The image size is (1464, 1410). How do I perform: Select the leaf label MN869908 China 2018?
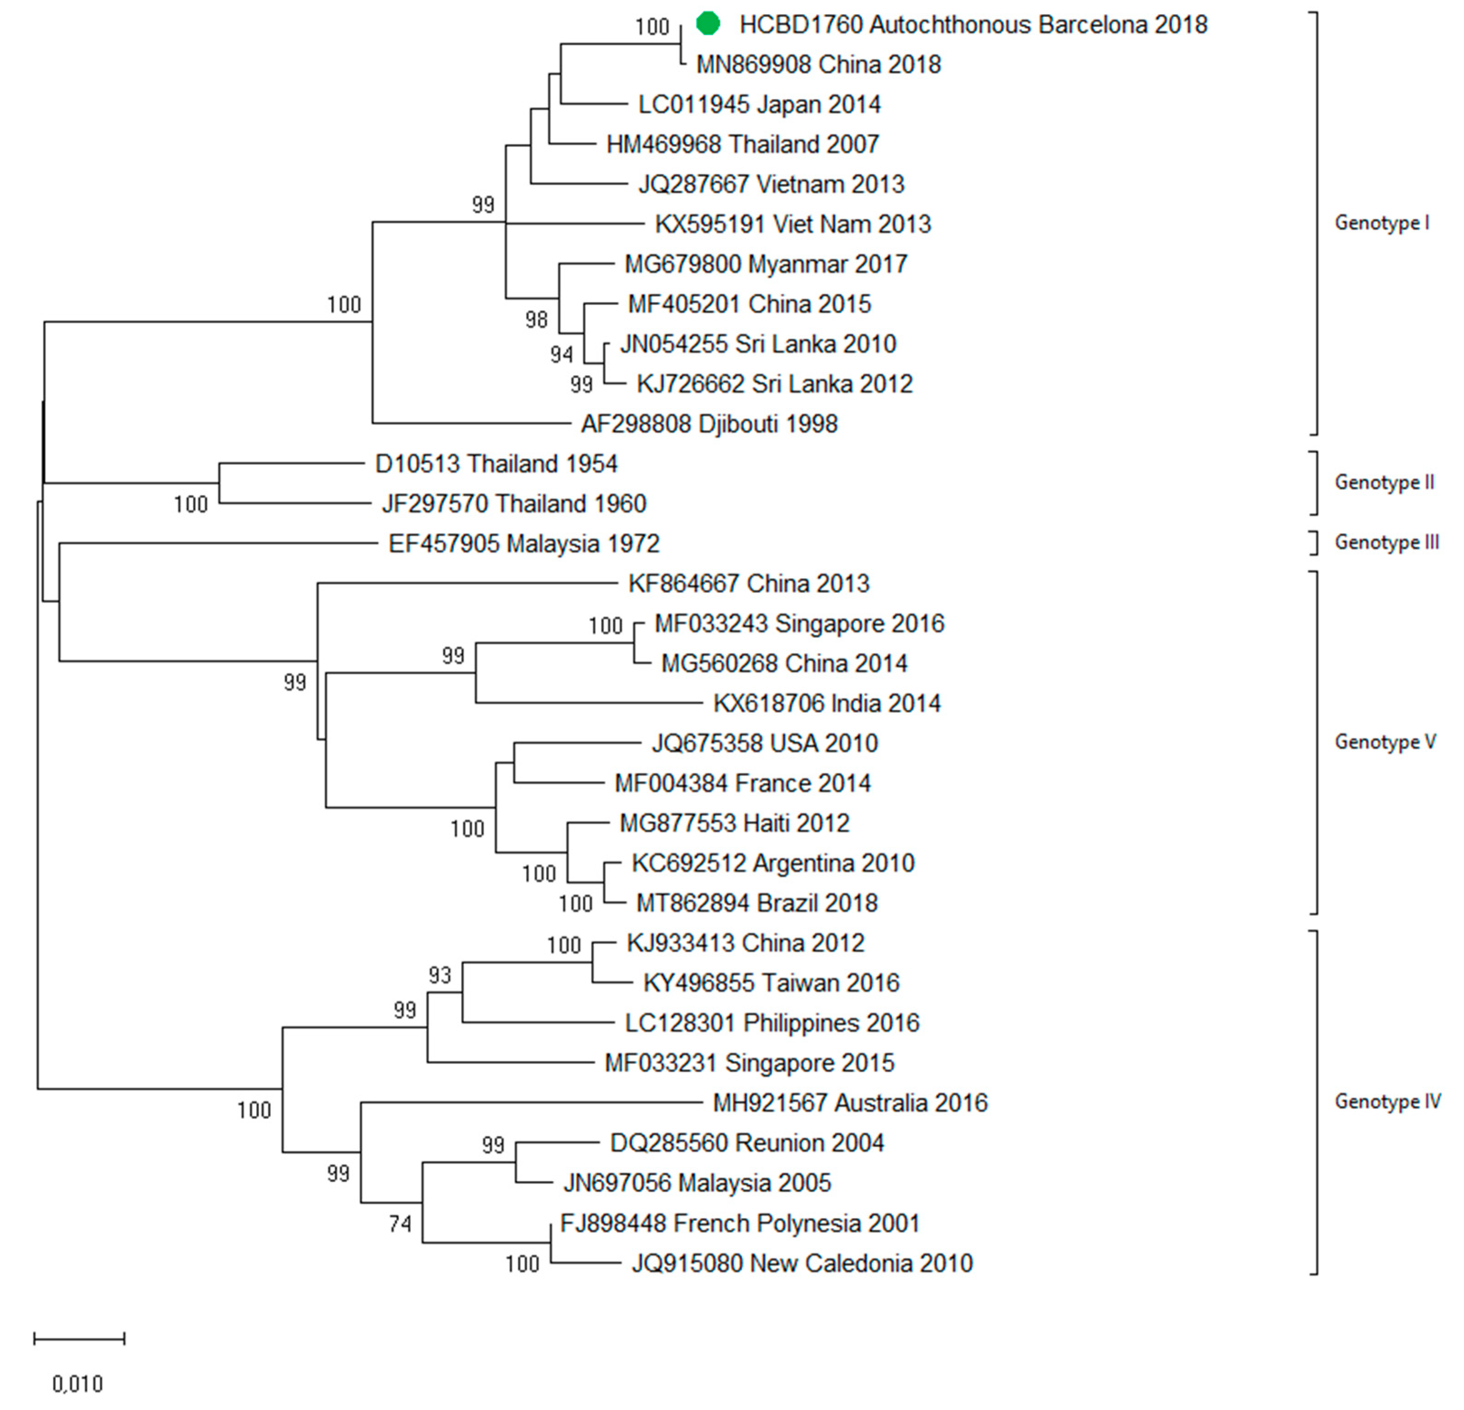click(818, 65)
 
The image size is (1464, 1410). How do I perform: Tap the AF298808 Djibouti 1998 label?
click(709, 424)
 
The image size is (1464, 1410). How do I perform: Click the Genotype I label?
click(1381, 223)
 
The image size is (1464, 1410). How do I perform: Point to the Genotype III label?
click(1386, 542)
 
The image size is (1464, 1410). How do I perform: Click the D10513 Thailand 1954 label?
click(496, 464)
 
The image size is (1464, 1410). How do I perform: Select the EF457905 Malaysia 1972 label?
click(524, 544)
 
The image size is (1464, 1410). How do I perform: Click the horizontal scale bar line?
click(79, 1338)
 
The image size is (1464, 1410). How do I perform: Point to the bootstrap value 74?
click(400, 1223)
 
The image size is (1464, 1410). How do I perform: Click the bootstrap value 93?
click(440, 975)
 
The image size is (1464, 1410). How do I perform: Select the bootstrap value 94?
click(562, 354)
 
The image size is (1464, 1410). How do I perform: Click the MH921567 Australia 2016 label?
click(850, 1103)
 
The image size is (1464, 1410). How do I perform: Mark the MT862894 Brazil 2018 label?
click(756, 903)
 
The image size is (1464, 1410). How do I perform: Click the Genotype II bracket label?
click(1384, 482)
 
